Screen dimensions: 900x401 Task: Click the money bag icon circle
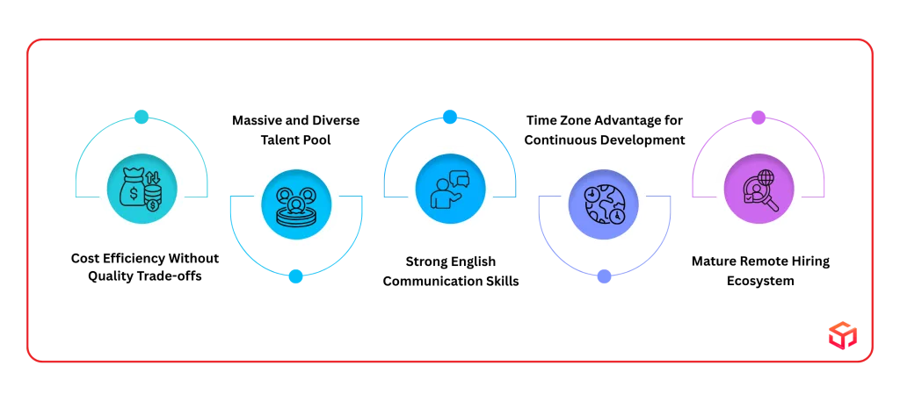(142, 189)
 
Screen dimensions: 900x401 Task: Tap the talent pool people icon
(296, 204)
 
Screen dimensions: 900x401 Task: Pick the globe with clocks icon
(604, 204)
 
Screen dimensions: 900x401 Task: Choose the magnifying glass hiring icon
(758, 189)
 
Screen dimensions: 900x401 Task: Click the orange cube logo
(843, 335)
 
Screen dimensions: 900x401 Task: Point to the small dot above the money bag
(142, 117)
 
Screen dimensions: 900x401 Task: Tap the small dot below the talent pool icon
(295, 276)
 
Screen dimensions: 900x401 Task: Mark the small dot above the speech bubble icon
(450, 117)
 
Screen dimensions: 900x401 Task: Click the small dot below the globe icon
(604, 276)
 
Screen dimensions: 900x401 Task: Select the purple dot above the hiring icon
(758, 117)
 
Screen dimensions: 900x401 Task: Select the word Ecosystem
(760, 282)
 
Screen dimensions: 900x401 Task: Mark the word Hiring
(810, 261)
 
